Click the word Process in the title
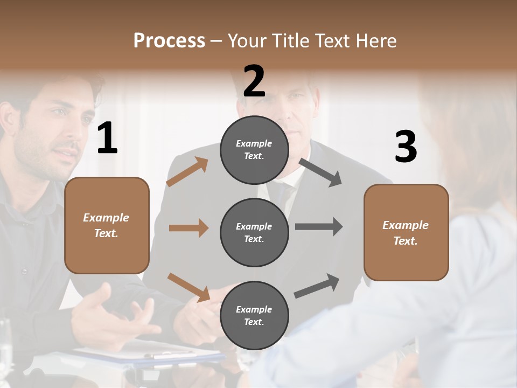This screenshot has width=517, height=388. [x=169, y=40]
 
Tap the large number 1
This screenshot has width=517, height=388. [x=107, y=138]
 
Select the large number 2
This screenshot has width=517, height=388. [x=254, y=81]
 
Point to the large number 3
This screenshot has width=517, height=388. [x=406, y=147]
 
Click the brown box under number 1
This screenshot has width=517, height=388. [x=107, y=225]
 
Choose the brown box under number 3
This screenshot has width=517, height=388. [x=406, y=232]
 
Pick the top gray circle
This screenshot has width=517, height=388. [x=254, y=150]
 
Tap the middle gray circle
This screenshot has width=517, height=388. [x=254, y=232]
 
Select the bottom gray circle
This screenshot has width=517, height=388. [x=254, y=315]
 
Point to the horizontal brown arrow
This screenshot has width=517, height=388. [x=188, y=228]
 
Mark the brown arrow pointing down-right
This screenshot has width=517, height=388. [x=188, y=287]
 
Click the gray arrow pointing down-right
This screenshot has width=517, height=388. [x=320, y=172]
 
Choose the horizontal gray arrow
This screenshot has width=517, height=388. [x=319, y=227]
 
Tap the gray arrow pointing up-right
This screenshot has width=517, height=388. [x=317, y=286]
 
